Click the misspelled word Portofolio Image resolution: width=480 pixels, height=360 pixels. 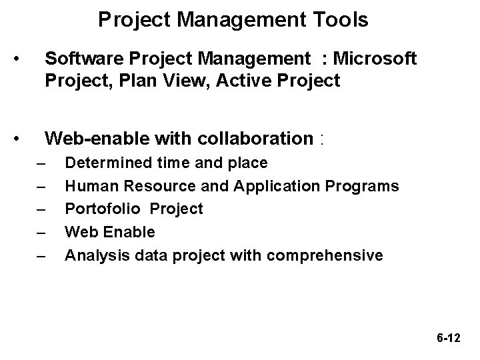click(x=103, y=209)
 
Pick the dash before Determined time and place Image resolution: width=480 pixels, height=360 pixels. click(x=42, y=163)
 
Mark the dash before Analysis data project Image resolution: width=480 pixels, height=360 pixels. click(x=42, y=255)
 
